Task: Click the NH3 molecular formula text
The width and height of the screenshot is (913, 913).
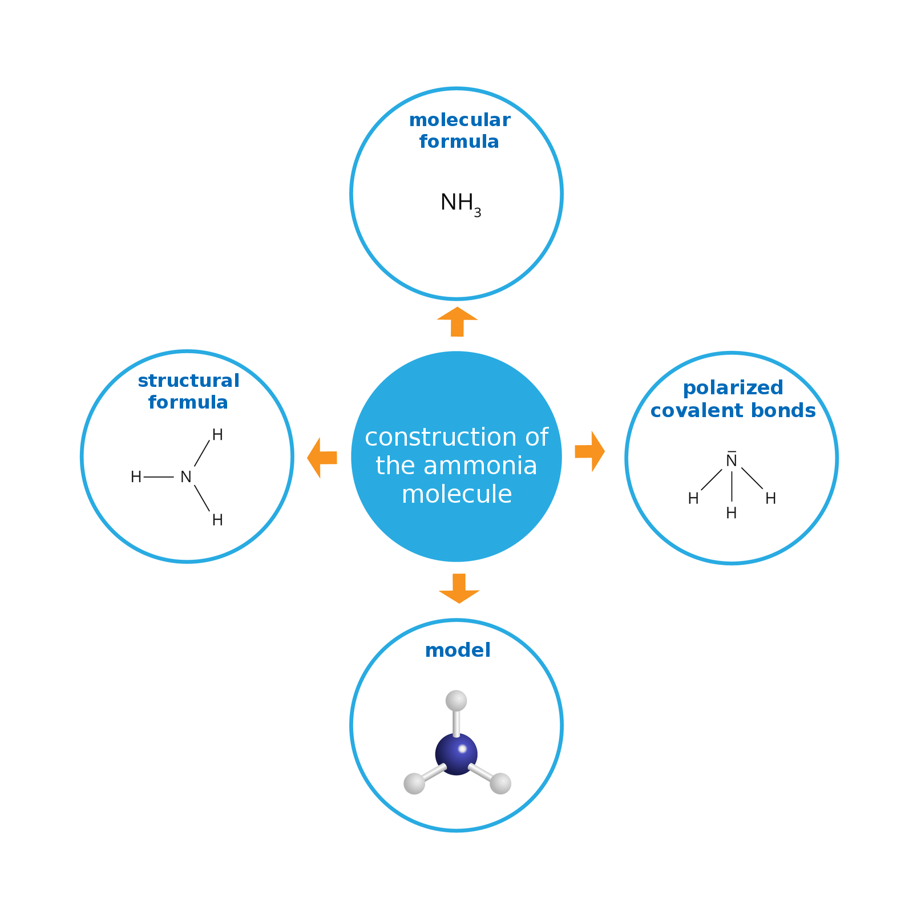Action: click(459, 204)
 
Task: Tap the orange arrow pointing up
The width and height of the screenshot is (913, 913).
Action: click(457, 322)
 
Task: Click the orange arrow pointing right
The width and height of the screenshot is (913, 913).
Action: click(590, 451)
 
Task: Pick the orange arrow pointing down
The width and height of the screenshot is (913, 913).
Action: click(459, 588)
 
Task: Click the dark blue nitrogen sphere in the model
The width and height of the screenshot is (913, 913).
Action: click(457, 754)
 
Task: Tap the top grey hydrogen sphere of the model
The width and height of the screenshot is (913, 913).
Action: click(456, 700)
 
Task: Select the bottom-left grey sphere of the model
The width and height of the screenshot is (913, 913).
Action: click(414, 783)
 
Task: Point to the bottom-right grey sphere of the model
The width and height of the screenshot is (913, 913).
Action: click(500, 783)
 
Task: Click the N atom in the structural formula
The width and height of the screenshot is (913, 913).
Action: click(185, 477)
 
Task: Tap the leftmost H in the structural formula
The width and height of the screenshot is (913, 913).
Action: click(136, 477)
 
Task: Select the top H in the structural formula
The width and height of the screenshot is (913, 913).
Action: click(217, 435)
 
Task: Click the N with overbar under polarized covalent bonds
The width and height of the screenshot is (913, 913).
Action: click(732, 460)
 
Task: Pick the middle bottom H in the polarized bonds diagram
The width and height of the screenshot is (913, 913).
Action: click(732, 513)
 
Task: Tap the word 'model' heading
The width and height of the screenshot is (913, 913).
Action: click(458, 651)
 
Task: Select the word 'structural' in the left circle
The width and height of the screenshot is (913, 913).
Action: click(188, 381)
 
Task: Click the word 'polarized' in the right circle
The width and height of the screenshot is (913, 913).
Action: click(733, 388)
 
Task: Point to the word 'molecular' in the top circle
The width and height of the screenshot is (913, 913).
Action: click(459, 120)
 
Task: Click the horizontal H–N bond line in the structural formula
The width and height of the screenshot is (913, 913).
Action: click(159, 477)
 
